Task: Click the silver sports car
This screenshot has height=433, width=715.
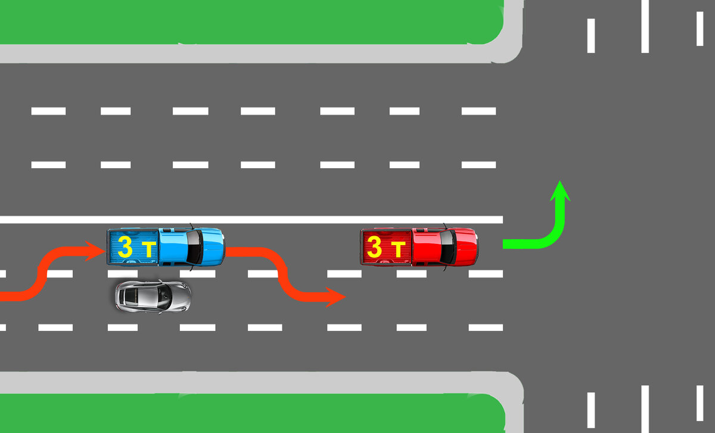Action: tap(153, 295)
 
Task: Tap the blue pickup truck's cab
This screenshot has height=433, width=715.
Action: tap(179, 246)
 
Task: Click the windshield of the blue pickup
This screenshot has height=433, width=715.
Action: tap(194, 246)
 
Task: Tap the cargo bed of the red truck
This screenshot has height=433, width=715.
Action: tap(384, 247)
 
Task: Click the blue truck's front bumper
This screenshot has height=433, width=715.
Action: tap(223, 246)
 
